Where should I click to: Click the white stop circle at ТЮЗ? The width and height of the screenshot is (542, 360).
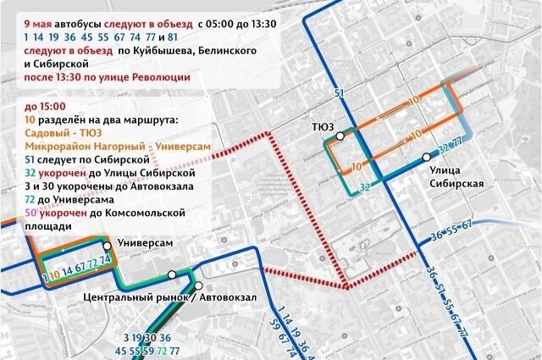[x=340, y=136]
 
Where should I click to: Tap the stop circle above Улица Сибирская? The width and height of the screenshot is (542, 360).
[x=427, y=158]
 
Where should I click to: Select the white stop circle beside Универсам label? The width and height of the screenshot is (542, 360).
[x=108, y=244]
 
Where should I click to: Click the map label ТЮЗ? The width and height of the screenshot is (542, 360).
[x=321, y=127]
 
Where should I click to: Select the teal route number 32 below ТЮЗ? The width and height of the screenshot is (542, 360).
[x=364, y=186]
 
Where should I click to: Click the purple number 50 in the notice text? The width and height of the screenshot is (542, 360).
[x=31, y=213]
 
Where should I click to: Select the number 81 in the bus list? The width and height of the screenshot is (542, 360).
[x=172, y=37]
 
